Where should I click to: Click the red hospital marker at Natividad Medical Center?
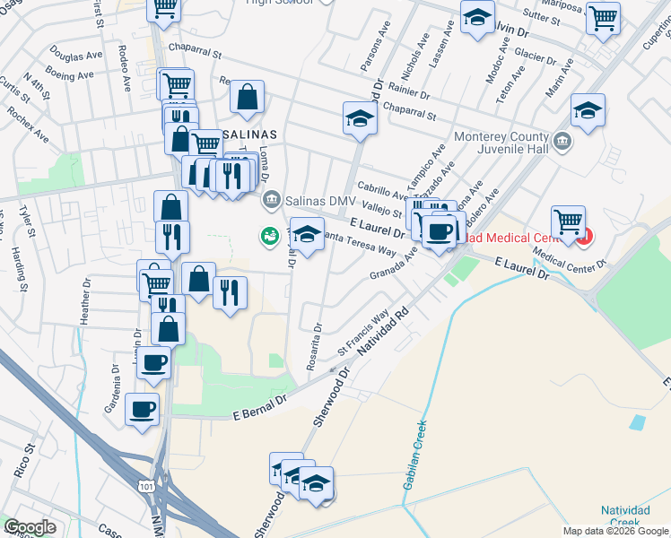(x=584, y=238)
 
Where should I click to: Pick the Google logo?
(x=30, y=527)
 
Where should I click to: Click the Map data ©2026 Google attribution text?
(x=616, y=531)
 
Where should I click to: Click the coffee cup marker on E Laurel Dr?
(x=439, y=232)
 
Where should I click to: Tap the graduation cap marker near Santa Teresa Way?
(x=307, y=235)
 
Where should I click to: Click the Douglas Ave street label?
(x=76, y=56)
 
